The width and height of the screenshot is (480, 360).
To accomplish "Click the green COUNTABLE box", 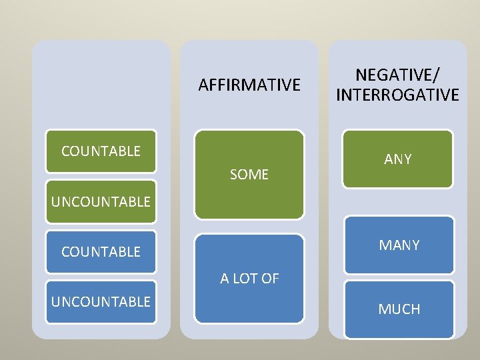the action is [x=101, y=152].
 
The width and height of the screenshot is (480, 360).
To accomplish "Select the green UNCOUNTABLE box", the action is [x=101, y=201].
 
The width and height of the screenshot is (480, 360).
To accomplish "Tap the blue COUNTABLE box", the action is [x=101, y=252].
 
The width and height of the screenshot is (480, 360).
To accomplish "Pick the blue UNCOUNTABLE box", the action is [x=101, y=302].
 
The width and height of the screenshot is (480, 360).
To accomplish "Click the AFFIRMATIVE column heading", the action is [x=249, y=85].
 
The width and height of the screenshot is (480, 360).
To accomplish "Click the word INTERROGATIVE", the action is [x=398, y=95].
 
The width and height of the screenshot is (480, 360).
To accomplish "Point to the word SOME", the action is [x=249, y=175].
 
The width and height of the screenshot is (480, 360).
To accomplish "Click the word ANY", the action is [x=398, y=159].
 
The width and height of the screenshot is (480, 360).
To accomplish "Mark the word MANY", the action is [x=399, y=245].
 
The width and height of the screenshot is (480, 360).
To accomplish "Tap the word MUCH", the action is [x=399, y=309].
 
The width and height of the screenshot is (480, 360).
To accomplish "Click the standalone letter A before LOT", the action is [x=225, y=279].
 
